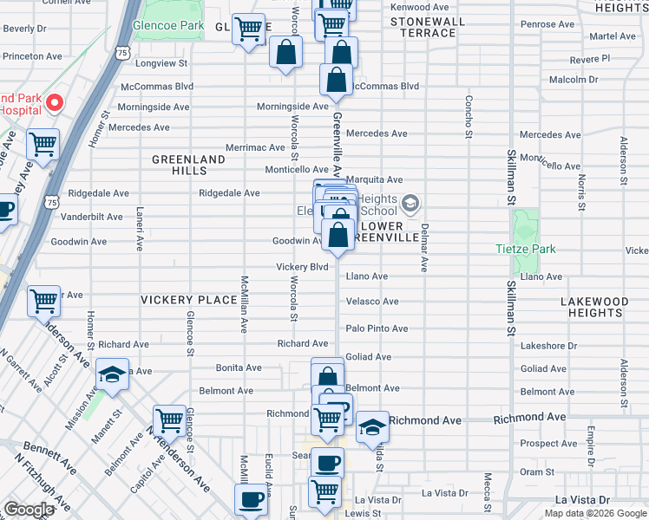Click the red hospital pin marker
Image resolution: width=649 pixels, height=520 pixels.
pyautogui.click(x=53, y=103)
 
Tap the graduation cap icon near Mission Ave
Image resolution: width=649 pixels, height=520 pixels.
pyautogui.click(x=112, y=376)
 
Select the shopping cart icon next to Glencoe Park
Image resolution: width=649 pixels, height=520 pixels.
pyautogui.click(x=250, y=30)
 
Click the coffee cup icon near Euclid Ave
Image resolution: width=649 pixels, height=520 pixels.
pyautogui.click(x=252, y=500)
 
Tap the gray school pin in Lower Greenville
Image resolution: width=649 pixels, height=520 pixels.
pyautogui.click(x=410, y=205)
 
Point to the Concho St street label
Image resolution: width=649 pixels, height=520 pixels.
pyautogui.click(x=469, y=116)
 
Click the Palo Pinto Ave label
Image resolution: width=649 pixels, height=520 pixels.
pyautogui.click(x=377, y=328)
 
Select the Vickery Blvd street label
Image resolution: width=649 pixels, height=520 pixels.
pyautogui.click(x=302, y=267)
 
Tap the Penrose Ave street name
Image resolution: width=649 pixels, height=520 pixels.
pyautogui.click(x=543, y=24)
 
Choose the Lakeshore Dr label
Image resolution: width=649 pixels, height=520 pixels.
pyautogui.click(x=548, y=345)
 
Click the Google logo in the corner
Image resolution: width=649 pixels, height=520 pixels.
pyautogui.click(x=29, y=510)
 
